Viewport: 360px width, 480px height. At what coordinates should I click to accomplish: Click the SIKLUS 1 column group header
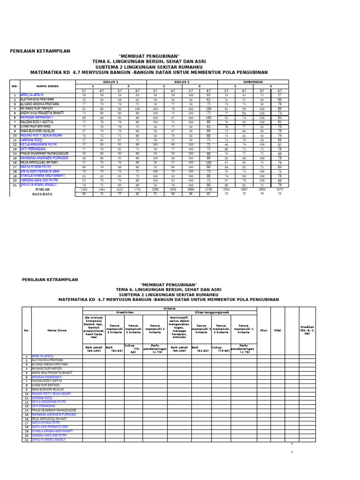[111, 82]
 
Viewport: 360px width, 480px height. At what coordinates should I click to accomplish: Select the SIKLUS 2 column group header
[182, 82]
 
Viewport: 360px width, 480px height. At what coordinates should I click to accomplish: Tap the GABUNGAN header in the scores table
[253, 82]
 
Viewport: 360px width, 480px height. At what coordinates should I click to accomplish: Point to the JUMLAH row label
[42, 189]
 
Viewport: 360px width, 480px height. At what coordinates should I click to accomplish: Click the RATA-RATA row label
[42, 194]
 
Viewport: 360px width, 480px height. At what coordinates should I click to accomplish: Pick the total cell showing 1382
[84, 189]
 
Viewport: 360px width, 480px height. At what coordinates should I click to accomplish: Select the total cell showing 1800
[191, 189]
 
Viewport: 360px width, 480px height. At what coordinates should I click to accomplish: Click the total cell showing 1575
[280, 189]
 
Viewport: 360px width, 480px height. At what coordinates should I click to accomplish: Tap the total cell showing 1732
[137, 189]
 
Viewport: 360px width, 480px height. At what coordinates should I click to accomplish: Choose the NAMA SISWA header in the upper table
[48, 86]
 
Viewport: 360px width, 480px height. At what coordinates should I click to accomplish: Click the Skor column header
[263, 330]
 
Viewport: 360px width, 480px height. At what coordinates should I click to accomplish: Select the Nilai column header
[277, 330]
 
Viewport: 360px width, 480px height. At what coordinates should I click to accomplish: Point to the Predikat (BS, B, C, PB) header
[307, 330]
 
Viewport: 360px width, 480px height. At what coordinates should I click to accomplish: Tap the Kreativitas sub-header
[125, 312]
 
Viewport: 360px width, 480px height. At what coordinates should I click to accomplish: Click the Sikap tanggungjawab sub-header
[212, 312]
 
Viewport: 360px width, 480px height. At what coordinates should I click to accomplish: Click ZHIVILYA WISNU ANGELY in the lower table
[49, 440]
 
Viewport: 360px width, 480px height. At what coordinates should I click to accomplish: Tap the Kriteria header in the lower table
[170, 308]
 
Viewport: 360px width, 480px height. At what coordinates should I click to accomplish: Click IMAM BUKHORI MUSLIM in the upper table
[38, 131]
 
